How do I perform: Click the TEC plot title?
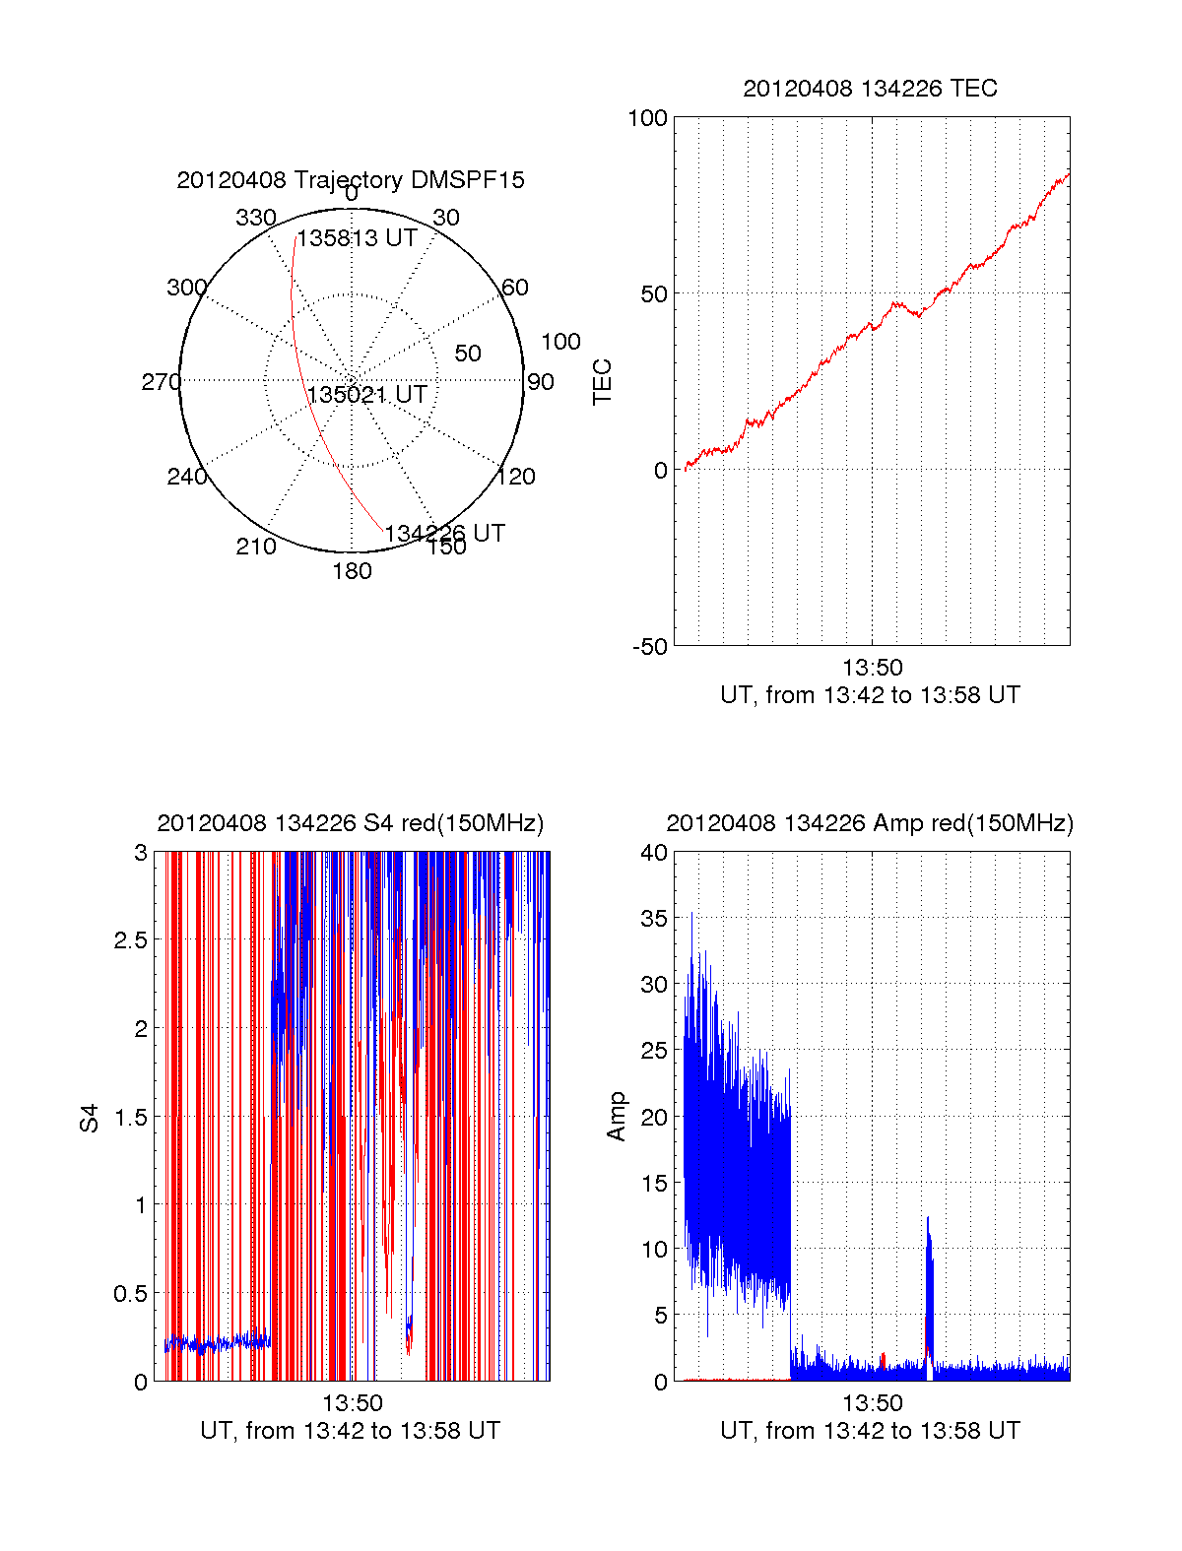[870, 89]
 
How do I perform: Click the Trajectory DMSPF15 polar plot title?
[351, 180]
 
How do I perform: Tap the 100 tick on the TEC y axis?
[647, 118]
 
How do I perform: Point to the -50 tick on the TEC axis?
[650, 647]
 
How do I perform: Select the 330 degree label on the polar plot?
[256, 218]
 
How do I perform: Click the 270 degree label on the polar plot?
[161, 382]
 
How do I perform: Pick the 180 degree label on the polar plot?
[352, 571]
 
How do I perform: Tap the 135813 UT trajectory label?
[358, 238]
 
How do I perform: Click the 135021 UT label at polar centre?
[367, 395]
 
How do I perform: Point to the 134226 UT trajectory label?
[444, 534]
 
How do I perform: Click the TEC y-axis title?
[602, 382]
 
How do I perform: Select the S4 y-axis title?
[90, 1118]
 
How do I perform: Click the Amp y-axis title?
[617, 1117]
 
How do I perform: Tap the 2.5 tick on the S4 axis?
[130, 940]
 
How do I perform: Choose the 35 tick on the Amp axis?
[654, 919]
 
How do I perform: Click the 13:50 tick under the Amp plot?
[872, 1402]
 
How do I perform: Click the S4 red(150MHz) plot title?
[351, 823]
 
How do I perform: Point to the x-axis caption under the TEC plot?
[870, 695]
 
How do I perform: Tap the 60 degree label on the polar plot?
[515, 288]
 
